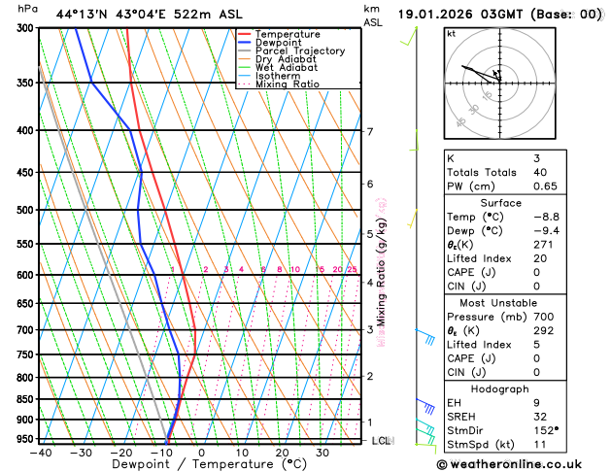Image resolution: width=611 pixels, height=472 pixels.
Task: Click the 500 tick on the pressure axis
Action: (x=27, y=210)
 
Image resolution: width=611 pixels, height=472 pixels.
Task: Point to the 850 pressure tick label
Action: (x=27, y=399)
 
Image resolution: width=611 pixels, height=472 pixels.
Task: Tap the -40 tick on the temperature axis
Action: (x=40, y=453)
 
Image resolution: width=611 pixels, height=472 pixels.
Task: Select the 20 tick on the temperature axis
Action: (x=282, y=453)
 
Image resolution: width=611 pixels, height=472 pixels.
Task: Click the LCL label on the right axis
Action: (x=381, y=440)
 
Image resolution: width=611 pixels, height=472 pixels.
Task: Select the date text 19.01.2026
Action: (x=438, y=15)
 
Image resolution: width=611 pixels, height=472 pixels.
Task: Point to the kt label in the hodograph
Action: (x=451, y=34)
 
